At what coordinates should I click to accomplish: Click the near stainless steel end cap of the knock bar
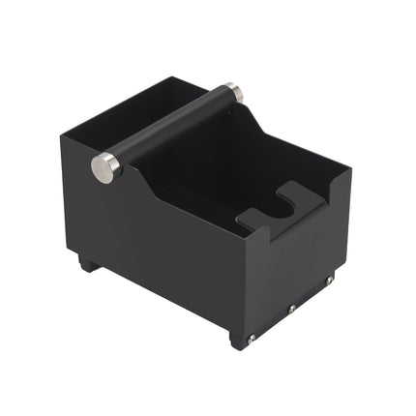[x=105, y=167]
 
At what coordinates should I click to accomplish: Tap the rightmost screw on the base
[x=329, y=281]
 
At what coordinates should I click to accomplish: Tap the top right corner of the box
[x=350, y=174]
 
